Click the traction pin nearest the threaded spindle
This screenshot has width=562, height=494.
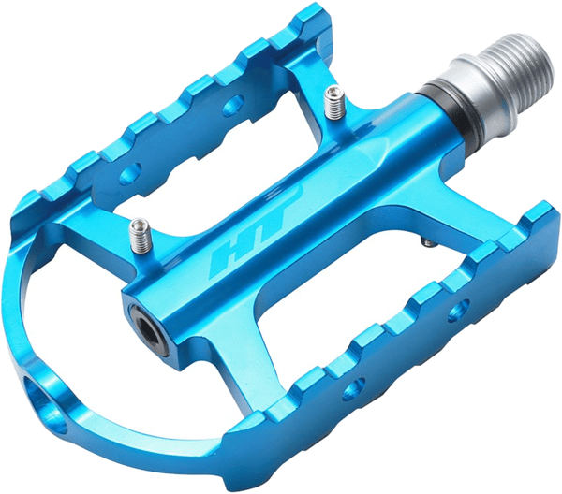point(334,103)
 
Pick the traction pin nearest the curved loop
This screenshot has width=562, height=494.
point(140,236)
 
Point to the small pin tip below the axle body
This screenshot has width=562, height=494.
point(429,242)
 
